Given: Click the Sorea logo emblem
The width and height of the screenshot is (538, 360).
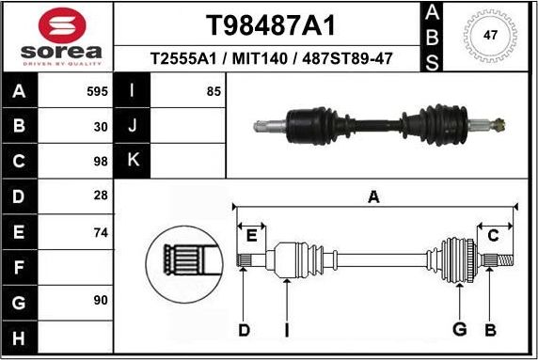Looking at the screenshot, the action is point(56,25).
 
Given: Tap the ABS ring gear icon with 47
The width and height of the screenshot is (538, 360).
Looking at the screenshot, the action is point(489,37).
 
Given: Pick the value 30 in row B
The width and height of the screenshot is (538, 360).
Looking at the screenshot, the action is point(101,125).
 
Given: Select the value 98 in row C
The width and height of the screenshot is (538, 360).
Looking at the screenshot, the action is point(101,160).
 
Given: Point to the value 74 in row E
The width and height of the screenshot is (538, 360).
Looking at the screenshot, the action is point(101,230).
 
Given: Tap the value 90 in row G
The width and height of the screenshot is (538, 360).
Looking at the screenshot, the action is point(101,300).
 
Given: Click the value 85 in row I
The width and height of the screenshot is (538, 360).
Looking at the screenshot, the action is point(213,92).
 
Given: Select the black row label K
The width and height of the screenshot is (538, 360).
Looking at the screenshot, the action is point(132,160).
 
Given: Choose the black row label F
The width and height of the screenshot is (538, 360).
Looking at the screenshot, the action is point(19,268).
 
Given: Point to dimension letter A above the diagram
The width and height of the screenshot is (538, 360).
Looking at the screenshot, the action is point(373,197).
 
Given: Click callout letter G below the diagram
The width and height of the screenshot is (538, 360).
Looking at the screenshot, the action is point(460,330).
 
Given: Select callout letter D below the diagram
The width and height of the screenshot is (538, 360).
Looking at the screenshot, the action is point(244,330).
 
